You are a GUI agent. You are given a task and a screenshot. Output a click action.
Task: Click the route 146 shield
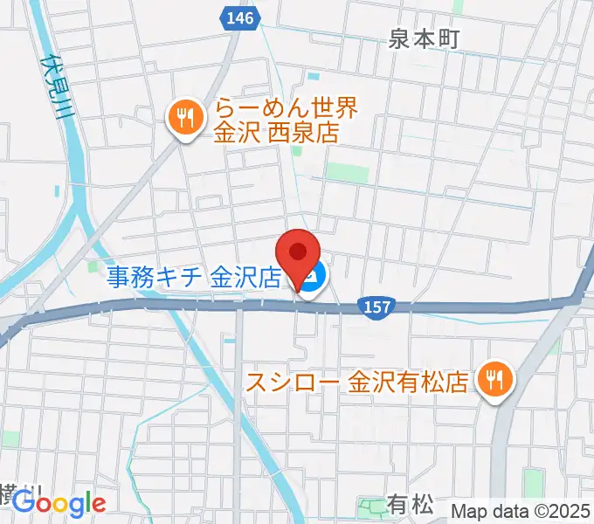[233, 17]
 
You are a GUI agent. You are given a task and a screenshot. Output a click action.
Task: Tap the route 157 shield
[375, 307]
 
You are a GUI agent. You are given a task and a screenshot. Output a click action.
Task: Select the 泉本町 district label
[423, 39]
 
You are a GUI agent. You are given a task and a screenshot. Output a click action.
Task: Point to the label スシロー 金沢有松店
[359, 382]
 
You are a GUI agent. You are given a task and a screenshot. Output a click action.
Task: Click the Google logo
[59, 503]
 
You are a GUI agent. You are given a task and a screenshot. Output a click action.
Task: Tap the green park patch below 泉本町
[349, 172]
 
